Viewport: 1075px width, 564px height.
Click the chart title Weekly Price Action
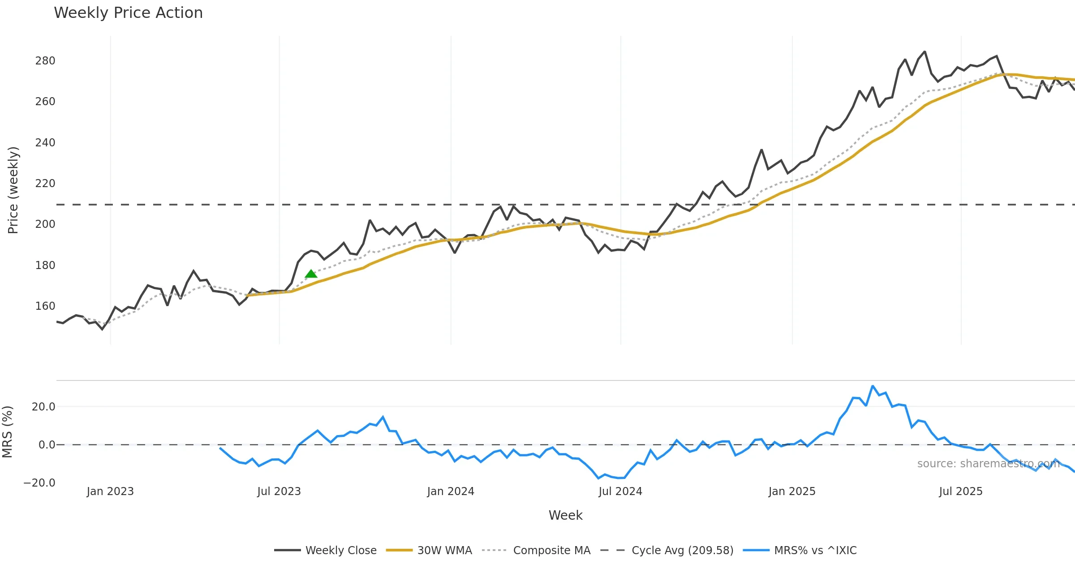pyautogui.click(x=128, y=13)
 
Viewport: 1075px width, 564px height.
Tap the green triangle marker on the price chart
pyautogui.click(x=311, y=274)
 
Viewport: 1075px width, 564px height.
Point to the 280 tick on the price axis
pyautogui.click(x=45, y=61)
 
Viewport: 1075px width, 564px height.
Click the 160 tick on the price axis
pyautogui.click(x=45, y=306)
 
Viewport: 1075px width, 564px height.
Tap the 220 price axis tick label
pyautogui.click(x=45, y=184)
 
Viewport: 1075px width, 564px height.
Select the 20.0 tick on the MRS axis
pyautogui.click(x=43, y=407)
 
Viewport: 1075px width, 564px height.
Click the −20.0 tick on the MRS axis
pyautogui.click(x=39, y=483)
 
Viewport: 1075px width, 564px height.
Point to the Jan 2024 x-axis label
pyautogui.click(x=450, y=491)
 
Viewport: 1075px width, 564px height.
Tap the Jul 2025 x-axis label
pyautogui.click(x=960, y=491)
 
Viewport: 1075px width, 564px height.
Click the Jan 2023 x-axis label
pyautogui.click(x=110, y=491)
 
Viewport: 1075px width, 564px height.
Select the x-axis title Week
pyautogui.click(x=565, y=516)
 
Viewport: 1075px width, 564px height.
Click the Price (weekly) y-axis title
pyautogui.click(x=13, y=190)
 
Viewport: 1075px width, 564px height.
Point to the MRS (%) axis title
pyautogui.click(x=7, y=432)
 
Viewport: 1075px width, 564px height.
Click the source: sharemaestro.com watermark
pyautogui.click(x=988, y=464)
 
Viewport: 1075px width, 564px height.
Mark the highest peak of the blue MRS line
pyautogui.click(x=873, y=386)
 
